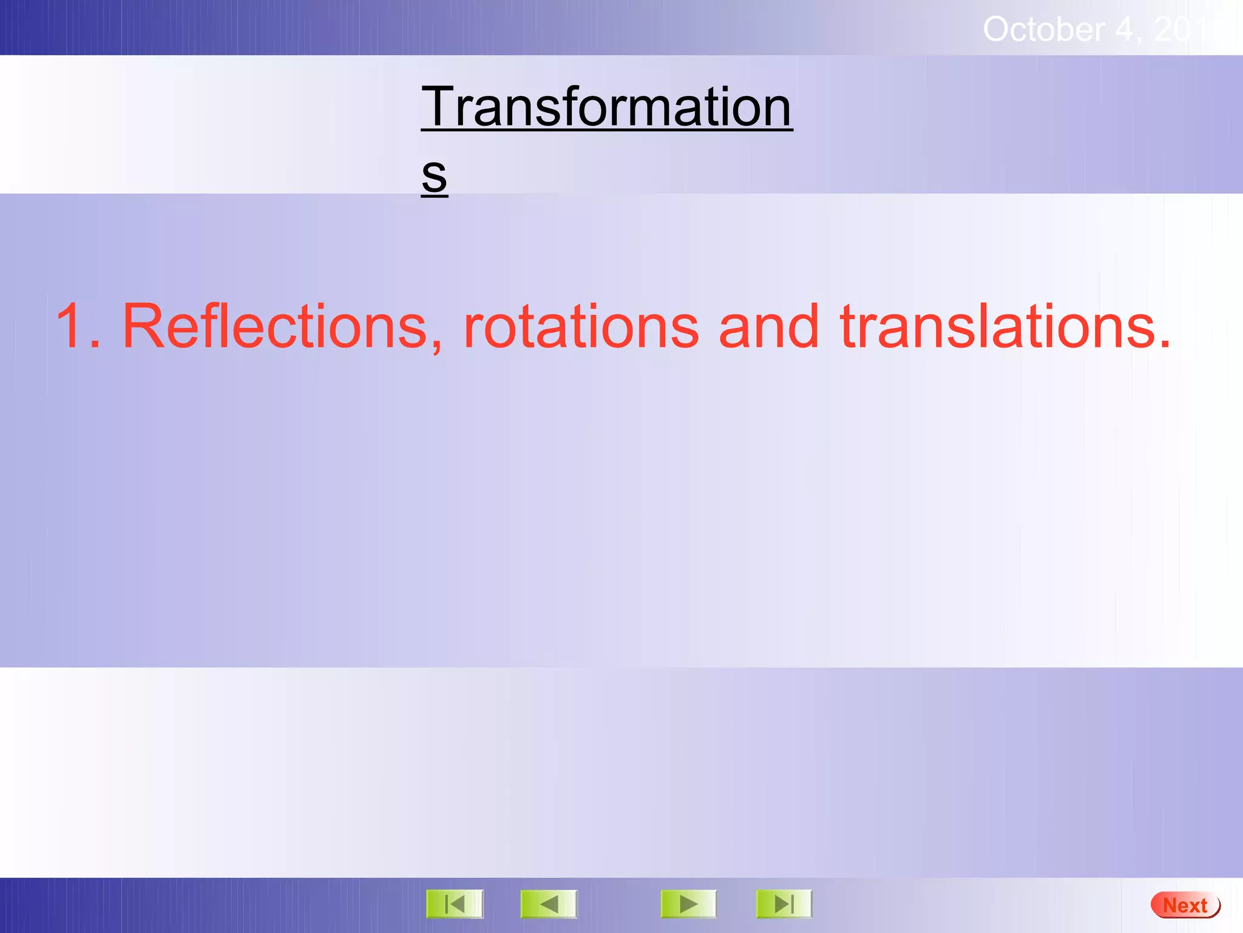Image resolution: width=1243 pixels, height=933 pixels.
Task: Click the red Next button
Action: [x=1185, y=905]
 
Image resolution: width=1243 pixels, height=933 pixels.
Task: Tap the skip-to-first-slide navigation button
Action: [x=455, y=904]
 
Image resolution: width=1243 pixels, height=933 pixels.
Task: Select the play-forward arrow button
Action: [x=688, y=904]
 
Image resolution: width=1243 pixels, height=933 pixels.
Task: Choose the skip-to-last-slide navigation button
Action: [x=784, y=904]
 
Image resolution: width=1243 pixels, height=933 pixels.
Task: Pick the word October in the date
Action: [x=1043, y=29]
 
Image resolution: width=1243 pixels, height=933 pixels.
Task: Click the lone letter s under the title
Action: [x=434, y=175]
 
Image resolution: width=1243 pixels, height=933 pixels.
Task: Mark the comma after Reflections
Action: [x=437, y=346]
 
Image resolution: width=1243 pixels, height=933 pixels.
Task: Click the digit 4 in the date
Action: [x=1124, y=29]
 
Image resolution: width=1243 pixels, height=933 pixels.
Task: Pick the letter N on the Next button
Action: [x=1170, y=906]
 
